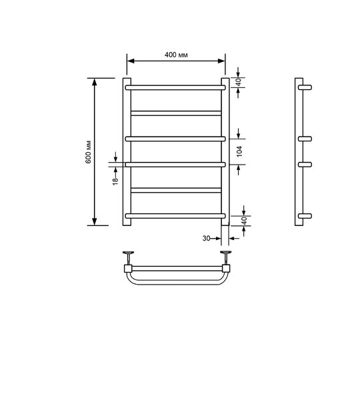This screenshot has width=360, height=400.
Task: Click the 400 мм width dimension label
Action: pyautogui.click(x=176, y=55)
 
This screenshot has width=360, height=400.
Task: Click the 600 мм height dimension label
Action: pyautogui.click(x=88, y=152)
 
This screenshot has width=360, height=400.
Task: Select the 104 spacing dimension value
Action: pyautogui.click(x=239, y=151)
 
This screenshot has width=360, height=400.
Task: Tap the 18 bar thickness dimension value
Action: pyautogui.click(x=115, y=181)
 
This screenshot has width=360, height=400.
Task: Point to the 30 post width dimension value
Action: pyautogui.click(x=206, y=238)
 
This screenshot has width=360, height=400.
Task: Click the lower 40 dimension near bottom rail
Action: pyautogui.click(x=244, y=221)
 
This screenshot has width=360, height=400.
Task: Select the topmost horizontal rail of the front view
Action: pyautogui.click(x=175, y=87)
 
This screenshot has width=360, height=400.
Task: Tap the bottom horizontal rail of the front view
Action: pyautogui.click(x=175, y=216)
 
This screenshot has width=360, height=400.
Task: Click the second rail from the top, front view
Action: pyautogui.click(x=176, y=113)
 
